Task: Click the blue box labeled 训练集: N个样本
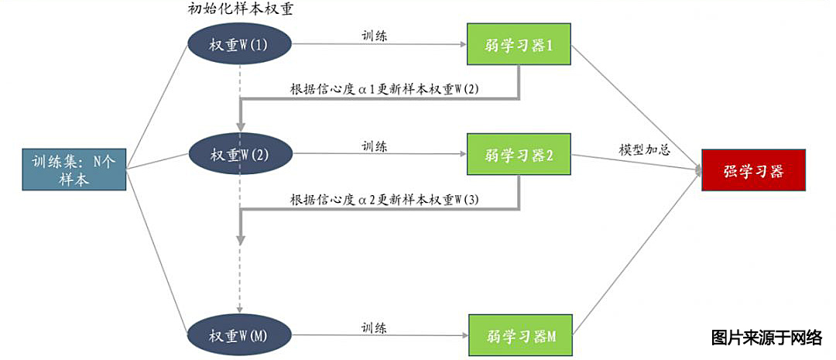point(74,171)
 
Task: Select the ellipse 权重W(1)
point(239,45)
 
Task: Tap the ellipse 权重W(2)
point(239,154)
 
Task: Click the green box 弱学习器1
point(519,46)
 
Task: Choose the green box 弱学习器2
point(519,154)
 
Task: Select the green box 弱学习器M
point(521,336)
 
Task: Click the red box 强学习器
point(753,171)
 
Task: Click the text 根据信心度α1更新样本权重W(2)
point(385,89)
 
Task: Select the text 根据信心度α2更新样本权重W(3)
point(385,199)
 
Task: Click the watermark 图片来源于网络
point(766,338)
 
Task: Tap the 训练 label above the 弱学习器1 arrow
point(375,35)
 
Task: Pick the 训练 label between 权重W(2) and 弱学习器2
point(375,145)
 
